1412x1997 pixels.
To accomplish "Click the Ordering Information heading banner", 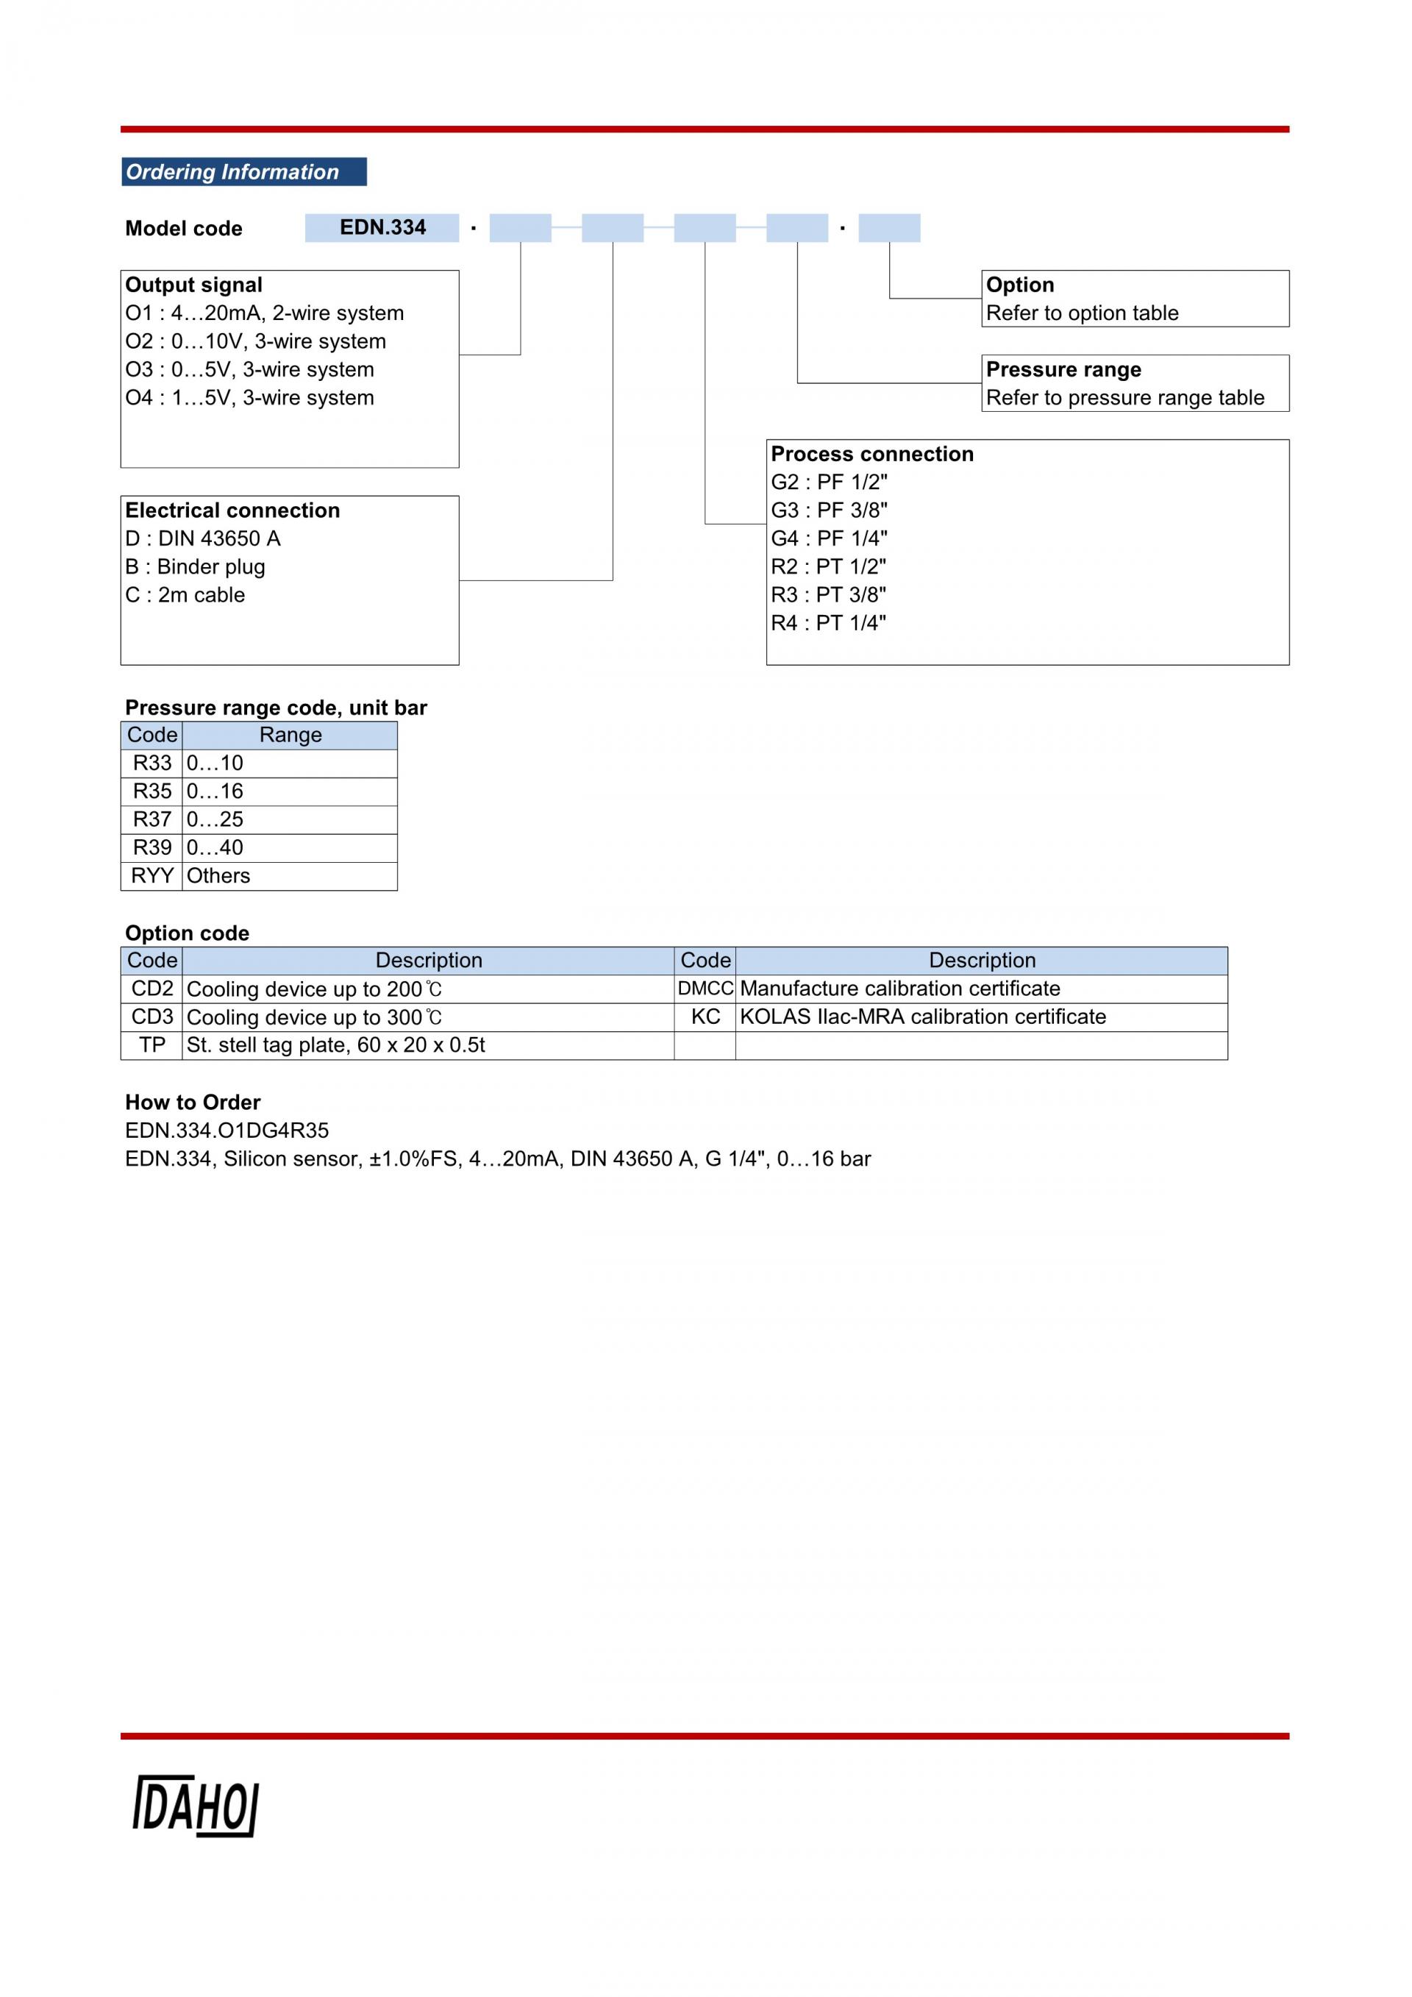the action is (x=243, y=171).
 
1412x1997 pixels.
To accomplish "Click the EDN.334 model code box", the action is (x=382, y=228).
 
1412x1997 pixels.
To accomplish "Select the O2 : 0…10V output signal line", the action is (x=256, y=341).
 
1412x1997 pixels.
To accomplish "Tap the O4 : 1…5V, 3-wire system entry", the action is (x=249, y=397).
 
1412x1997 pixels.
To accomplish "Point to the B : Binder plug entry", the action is (x=195, y=567).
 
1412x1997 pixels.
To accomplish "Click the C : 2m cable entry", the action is (x=185, y=595).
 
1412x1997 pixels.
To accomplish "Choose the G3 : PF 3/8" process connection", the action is (x=830, y=510).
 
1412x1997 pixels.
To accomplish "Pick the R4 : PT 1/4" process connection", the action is (x=829, y=623).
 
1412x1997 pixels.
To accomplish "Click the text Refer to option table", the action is (x=1083, y=313).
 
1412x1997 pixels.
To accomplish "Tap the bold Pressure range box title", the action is (x=1063, y=370).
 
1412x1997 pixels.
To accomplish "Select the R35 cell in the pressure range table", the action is (x=152, y=791).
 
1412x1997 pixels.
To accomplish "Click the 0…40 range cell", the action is (x=290, y=848).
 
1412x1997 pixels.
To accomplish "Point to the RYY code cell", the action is (x=152, y=876).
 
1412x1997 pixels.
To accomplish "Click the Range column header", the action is (x=290, y=736).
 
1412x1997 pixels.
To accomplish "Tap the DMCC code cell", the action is (x=705, y=989).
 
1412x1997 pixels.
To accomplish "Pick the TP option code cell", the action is (x=152, y=1045).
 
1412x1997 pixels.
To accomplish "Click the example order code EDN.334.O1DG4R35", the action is (x=227, y=1131).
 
